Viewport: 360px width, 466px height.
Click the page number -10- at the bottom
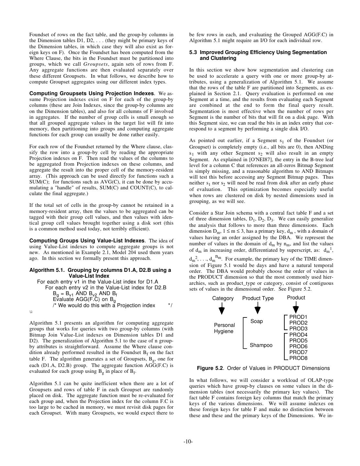188,441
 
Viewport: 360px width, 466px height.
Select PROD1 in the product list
298,317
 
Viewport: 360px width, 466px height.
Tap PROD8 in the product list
298,358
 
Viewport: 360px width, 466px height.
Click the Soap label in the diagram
256,321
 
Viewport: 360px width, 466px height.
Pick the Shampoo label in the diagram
261,345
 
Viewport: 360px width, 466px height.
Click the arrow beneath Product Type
257,309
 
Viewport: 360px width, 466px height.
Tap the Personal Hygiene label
224,328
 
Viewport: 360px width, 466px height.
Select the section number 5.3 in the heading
193,52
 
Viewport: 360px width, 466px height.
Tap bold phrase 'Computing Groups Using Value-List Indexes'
87,241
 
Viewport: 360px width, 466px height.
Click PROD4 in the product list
298,335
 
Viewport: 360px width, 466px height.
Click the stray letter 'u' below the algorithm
31,312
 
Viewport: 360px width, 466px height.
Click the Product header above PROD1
296,298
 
